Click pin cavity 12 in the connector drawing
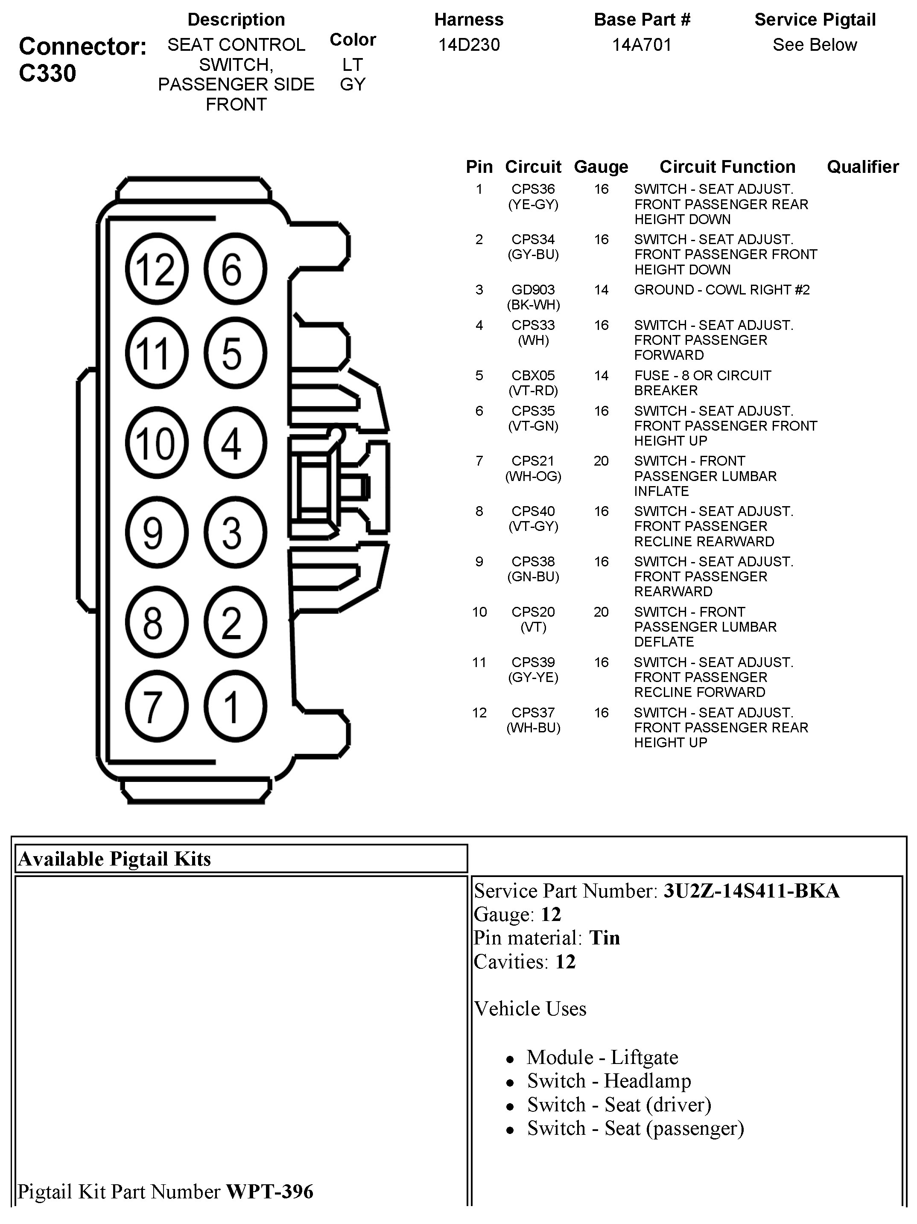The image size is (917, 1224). (x=156, y=269)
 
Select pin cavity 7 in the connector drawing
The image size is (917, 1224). (x=156, y=707)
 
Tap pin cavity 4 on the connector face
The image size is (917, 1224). (x=235, y=443)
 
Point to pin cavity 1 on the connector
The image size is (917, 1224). (x=235, y=707)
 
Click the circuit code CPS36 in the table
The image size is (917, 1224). (x=533, y=189)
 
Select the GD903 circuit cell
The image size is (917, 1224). (x=533, y=290)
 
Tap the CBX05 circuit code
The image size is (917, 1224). (x=533, y=376)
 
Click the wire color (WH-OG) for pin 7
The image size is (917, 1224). (x=533, y=476)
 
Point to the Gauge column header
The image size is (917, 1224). (x=601, y=166)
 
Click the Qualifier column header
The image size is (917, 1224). (x=862, y=166)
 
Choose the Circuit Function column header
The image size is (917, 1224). (x=727, y=166)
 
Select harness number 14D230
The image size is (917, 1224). (x=469, y=45)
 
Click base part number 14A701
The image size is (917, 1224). (x=641, y=45)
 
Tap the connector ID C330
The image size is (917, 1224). (x=47, y=73)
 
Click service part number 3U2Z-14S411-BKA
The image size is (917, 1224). (x=751, y=891)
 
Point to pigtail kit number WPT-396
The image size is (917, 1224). (x=269, y=1192)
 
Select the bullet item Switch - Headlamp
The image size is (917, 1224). (x=609, y=1081)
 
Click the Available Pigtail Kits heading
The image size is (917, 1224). (x=114, y=859)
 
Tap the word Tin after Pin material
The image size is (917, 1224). (x=605, y=938)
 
